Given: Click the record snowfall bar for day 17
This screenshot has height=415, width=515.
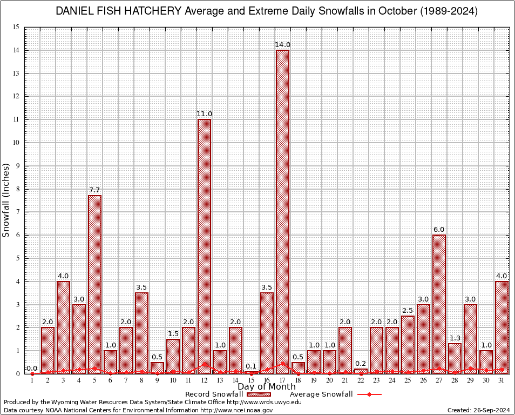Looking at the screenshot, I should coord(282,211).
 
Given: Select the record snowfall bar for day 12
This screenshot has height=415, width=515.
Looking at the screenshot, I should coord(204,246).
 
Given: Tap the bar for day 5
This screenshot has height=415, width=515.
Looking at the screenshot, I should coord(94,284).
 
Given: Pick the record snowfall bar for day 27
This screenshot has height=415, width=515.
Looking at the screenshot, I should coord(439,304).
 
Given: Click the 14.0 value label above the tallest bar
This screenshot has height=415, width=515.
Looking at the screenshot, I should coord(282,45).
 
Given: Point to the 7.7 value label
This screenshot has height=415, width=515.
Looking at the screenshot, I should coord(94,190).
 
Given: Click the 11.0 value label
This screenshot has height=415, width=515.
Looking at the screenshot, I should coord(204,114).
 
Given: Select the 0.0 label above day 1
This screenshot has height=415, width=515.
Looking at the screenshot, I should coord(32,368).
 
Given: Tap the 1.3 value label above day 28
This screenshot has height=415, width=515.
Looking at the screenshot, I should coord(455,338).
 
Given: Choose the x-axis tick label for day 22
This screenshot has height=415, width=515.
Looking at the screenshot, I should coord(361,380).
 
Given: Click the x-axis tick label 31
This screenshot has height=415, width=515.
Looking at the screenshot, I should coord(502,380).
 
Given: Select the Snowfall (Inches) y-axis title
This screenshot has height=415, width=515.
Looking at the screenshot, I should coord(6,200).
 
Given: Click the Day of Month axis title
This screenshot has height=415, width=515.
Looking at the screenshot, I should coord(266,386).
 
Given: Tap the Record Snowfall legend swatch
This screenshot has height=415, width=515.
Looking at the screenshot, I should coord(259,394).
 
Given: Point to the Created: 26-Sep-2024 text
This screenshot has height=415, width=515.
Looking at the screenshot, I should coord(479,410).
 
